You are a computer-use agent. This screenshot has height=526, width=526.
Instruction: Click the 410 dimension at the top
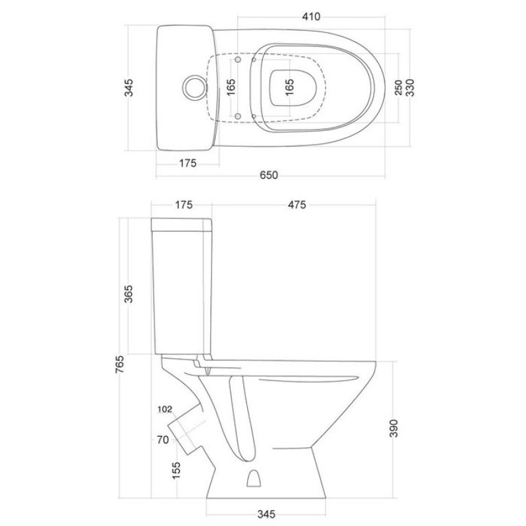pyautogui.click(x=311, y=16)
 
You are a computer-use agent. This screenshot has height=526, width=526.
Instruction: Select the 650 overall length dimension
pyautogui.click(x=268, y=175)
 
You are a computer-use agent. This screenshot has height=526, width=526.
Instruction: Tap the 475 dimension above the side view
pyautogui.click(x=297, y=204)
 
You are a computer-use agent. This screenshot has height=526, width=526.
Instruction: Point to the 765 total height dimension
pyautogui.click(x=120, y=364)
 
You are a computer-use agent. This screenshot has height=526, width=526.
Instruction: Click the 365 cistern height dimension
pyautogui.click(x=129, y=294)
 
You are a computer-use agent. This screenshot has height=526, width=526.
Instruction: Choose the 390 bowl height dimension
pyautogui.click(x=394, y=428)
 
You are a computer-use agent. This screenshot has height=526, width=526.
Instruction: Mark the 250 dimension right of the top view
pyautogui.click(x=398, y=87)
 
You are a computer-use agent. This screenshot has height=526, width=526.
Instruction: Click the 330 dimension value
pyautogui.click(x=410, y=88)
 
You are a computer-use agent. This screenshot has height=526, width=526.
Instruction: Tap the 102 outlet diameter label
pyautogui.click(x=164, y=409)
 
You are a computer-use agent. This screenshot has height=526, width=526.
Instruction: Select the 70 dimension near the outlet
pyautogui.click(x=163, y=440)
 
